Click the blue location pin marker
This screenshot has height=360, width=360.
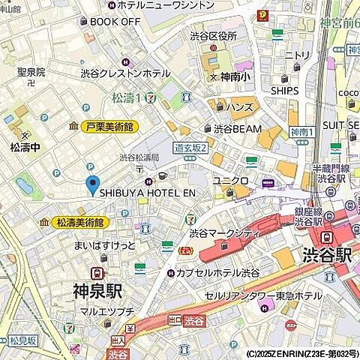point(93,184)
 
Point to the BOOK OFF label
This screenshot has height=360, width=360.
point(114,21)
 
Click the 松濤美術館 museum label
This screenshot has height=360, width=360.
point(81,223)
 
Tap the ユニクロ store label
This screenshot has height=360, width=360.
point(230,181)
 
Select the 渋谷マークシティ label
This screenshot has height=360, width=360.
point(225,233)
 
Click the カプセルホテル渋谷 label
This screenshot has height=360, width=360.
point(220,271)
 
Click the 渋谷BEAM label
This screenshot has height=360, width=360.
point(237,128)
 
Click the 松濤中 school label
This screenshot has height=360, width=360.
point(25,146)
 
